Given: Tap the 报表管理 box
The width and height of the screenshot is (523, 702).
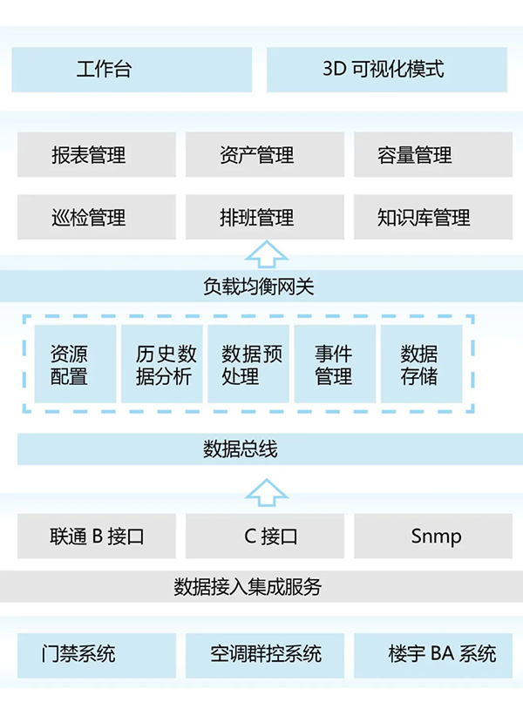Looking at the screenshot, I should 96,155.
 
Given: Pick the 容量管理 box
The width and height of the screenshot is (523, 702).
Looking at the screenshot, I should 431,155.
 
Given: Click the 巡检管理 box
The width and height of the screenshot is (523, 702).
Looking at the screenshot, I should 96,217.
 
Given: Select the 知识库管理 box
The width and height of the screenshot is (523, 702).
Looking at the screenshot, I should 431,217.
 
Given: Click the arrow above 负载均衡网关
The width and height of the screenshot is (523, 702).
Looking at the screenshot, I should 266,254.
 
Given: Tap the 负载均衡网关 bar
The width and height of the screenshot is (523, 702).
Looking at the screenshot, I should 261,286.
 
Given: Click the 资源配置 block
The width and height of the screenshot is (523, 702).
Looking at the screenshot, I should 75,364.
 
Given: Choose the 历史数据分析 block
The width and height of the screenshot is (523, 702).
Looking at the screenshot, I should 162,364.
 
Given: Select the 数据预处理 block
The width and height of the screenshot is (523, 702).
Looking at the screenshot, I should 248,364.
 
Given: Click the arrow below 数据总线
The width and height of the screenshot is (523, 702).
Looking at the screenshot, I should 266,493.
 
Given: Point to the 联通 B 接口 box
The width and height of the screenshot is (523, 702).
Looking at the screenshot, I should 96,536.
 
